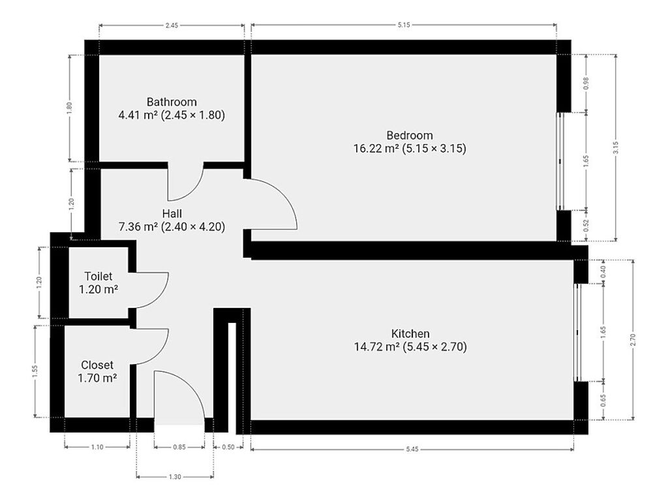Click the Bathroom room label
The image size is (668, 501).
(172, 102)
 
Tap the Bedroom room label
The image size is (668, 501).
(410, 136)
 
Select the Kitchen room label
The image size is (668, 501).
(410, 333)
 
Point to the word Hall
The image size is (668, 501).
(172, 213)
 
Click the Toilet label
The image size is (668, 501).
(99, 276)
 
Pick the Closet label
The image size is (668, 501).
(97, 365)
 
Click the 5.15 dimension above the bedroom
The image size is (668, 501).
(403, 25)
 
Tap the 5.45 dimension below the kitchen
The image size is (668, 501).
(412, 449)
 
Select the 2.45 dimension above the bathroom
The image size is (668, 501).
(172, 25)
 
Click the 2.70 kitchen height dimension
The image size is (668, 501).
(633, 339)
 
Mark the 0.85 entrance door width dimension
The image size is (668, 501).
(179, 448)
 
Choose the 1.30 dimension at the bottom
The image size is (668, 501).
(175, 477)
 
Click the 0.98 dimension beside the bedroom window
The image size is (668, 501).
(586, 83)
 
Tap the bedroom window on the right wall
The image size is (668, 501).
(561, 161)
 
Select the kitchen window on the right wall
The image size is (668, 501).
(577, 332)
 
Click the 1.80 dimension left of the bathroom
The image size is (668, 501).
(70, 108)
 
